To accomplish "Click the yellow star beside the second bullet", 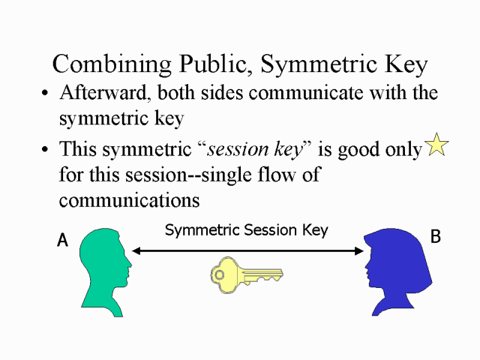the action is (x=436, y=144).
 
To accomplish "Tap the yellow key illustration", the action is (x=247, y=275).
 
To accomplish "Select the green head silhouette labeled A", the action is (x=106, y=272).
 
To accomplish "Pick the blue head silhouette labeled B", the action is (x=398, y=271).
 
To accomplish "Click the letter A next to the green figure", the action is (x=63, y=240).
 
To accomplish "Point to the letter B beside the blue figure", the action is (x=435, y=236).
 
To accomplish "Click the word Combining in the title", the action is (x=112, y=64).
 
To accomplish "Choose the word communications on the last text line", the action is (x=129, y=200).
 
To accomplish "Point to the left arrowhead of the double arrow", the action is (x=136, y=250).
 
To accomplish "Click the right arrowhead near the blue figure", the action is (x=359, y=251).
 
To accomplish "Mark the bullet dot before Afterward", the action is (x=45, y=92).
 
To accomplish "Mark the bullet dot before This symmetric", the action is (x=45, y=149).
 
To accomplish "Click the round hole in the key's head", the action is (x=219, y=274).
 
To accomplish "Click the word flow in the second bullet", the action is (x=277, y=175).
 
